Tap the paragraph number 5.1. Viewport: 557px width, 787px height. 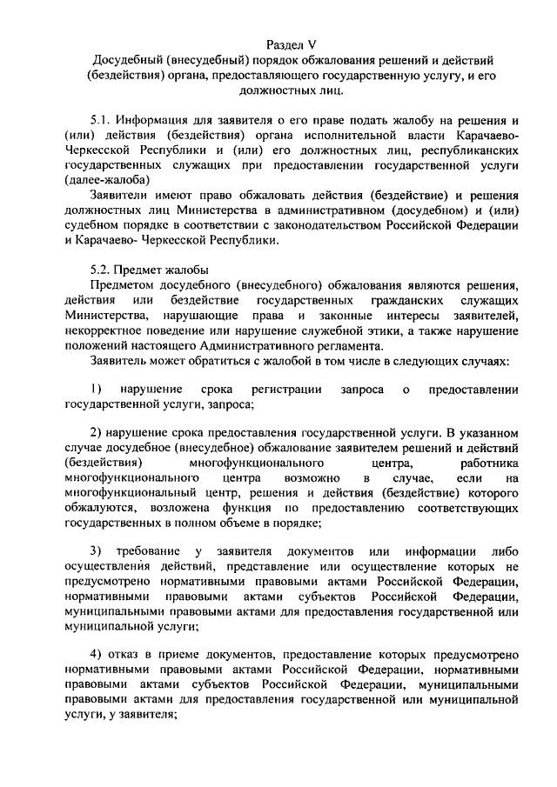pos(101,121)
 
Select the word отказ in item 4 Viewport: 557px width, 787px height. pos(125,655)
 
